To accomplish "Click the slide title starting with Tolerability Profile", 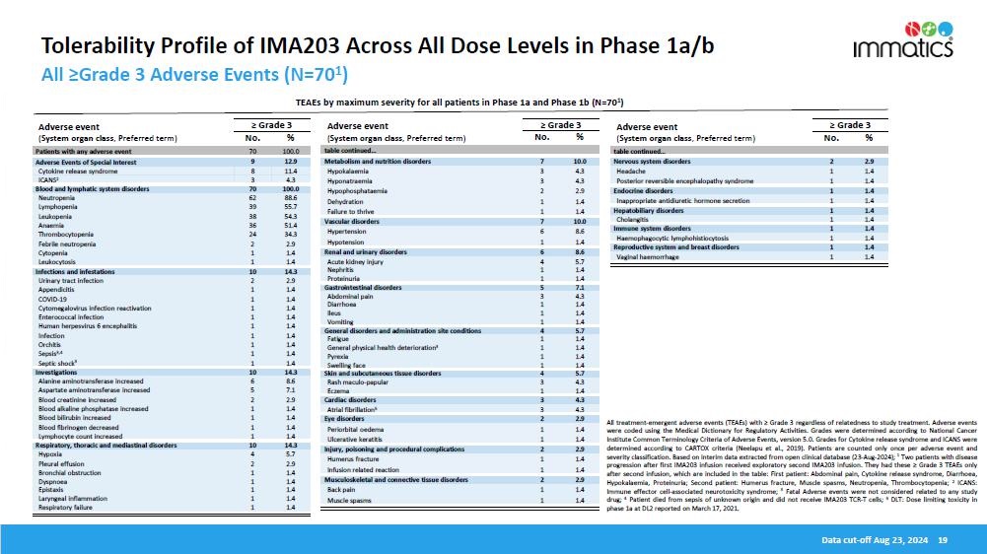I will point(376,46).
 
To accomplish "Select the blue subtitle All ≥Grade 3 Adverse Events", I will point(192,75).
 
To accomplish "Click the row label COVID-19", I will point(52,299).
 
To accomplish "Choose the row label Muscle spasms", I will point(348,501).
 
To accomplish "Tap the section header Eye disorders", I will point(346,418).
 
